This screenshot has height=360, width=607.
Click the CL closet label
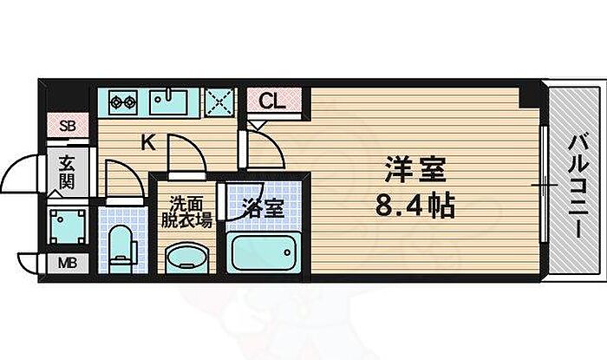[272, 101]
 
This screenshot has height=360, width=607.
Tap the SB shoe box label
[68, 126]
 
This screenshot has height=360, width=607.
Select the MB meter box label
[68, 263]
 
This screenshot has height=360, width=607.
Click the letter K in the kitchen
[148, 142]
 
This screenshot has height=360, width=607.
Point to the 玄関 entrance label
[67, 173]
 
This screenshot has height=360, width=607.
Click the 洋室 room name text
[415, 169]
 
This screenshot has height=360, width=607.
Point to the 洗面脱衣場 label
[186, 213]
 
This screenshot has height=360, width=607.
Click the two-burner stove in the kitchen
[123, 102]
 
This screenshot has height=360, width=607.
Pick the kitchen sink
[168, 101]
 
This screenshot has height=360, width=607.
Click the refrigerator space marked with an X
[219, 102]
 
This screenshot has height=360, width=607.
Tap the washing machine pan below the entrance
[68, 226]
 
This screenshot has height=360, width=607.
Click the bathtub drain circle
[287, 252]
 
